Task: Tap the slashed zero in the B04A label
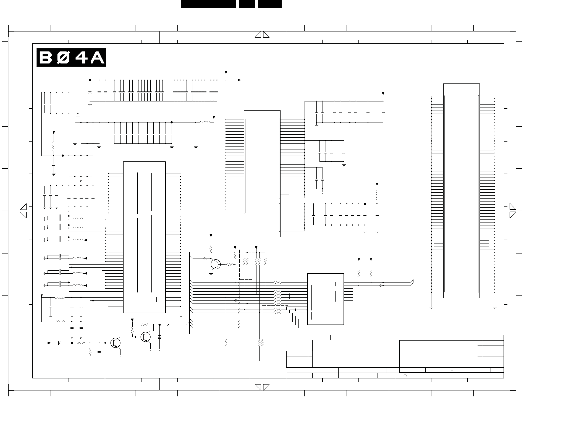(63, 58)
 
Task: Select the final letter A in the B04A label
(97, 58)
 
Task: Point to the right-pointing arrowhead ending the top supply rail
(240, 80)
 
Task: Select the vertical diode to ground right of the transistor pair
(159, 337)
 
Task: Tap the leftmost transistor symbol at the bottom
(115, 343)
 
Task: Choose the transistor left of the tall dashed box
(216, 264)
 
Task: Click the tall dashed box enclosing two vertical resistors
(246, 264)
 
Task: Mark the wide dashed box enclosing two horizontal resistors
(275, 311)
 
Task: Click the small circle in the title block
(405, 376)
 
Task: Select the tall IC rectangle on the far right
(461, 191)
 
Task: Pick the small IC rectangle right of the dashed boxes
(326, 299)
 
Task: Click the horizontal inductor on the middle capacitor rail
(205, 122)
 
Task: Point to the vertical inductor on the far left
(54, 147)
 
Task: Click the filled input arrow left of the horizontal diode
(49, 343)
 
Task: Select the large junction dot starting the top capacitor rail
(90, 80)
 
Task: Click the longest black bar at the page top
(209, 4)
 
